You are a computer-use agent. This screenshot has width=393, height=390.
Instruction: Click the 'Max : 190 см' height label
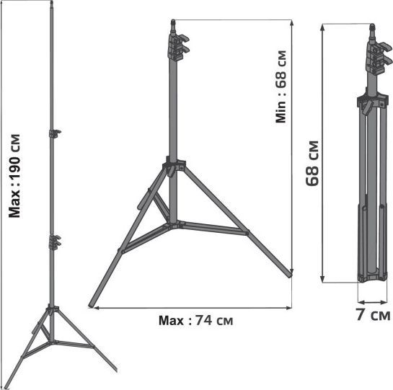click(x=16, y=174)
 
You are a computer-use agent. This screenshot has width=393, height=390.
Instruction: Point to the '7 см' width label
click(x=372, y=315)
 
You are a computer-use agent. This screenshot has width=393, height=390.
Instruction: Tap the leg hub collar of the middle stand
click(x=174, y=170)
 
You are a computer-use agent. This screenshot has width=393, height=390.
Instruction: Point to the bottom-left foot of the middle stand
click(x=91, y=303)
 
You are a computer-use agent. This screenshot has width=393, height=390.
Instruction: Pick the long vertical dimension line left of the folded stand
click(x=324, y=151)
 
